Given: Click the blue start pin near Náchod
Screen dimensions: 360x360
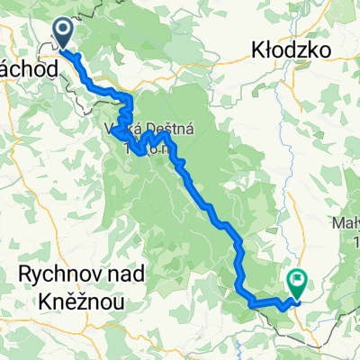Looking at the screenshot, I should pyautogui.click(x=65, y=31).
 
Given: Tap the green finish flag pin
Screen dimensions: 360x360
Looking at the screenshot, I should pyautogui.click(x=296, y=283).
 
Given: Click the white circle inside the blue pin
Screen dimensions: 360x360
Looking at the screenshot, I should pyautogui.click(x=65, y=30).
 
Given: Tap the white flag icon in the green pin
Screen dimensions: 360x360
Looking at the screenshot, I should pyautogui.click(x=296, y=282).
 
